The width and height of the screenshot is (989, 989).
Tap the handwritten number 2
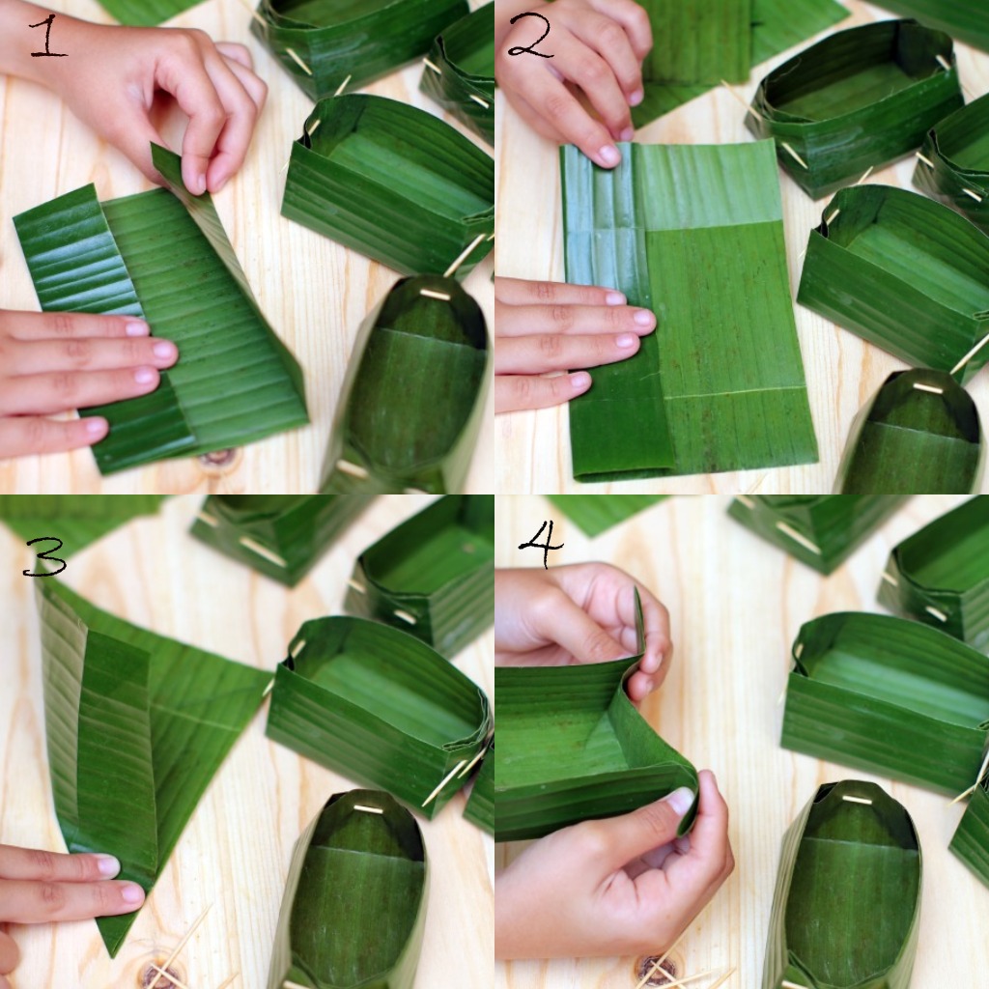point(531,36)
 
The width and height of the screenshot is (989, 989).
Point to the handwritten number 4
point(541,545)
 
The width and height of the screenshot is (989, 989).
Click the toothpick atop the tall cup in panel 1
point(436,294)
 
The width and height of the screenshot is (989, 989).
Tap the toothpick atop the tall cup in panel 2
point(928,386)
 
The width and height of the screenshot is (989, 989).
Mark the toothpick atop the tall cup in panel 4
point(856,799)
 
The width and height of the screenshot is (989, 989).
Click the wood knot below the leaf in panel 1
point(218,459)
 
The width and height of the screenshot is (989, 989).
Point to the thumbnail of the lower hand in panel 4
point(681,801)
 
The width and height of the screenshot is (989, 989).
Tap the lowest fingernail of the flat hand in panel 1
point(97,427)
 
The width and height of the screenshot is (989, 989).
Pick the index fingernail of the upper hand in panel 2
point(609,154)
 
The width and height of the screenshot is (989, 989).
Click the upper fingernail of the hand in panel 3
point(108,864)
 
